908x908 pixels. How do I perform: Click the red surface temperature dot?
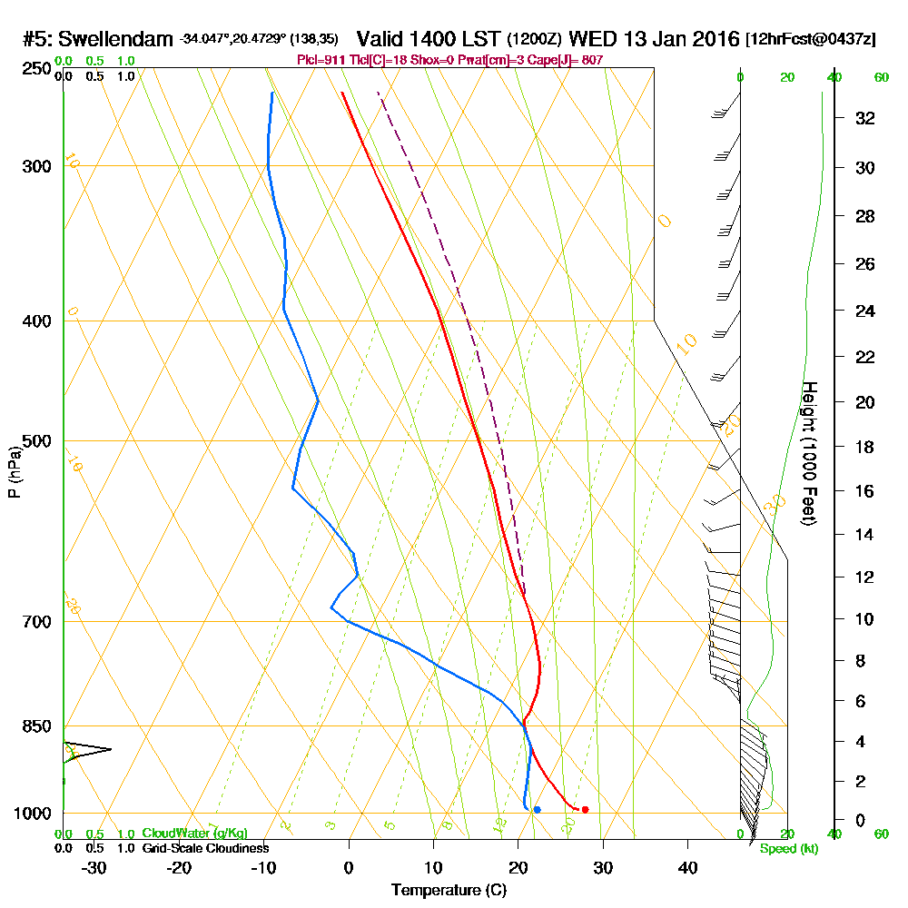pyautogui.click(x=585, y=809)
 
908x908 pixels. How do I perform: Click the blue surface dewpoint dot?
pyautogui.click(x=538, y=809)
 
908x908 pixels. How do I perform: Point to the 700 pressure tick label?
pyautogui.click(x=33, y=622)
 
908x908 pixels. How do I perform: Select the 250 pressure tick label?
pyautogui.click(x=33, y=68)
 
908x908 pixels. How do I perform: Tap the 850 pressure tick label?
pyautogui.click(x=33, y=726)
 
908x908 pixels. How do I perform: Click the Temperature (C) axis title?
pyautogui.click(x=449, y=890)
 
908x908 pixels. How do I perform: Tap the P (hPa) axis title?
pyautogui.click(x=14, y=470)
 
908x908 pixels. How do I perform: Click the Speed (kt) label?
pyautogui.click(x=789, y=849)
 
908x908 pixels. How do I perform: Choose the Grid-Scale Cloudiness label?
pyautogui.click(x=204, y=848)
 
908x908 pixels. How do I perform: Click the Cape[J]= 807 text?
pyautogui.click(x=572, y=60)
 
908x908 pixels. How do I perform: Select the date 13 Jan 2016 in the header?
pyautogui.click(x=679, y=39)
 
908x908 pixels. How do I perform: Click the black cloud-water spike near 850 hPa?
pyautogui.click(x=86, y=749)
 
